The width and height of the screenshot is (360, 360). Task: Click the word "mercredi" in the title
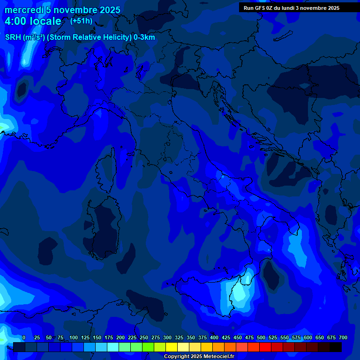[x=24, y=10]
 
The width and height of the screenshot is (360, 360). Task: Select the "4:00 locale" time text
[x=33, y=21]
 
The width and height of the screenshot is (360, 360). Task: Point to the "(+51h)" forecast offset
[x=81, y=21]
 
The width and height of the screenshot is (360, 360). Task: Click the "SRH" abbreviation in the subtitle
[x=13, y=37]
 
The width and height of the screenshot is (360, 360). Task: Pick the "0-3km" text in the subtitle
[x=144, y=37]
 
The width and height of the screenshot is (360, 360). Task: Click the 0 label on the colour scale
[x=24, y=338]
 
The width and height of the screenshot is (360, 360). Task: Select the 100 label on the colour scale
[x=74, y=338]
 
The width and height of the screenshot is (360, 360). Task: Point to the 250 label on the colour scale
[x=144, y=338]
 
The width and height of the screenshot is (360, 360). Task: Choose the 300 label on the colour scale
[x=167, y=338]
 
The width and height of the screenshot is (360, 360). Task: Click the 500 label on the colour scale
[x=261, y=338]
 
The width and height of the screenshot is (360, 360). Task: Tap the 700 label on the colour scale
[x=343, y=338]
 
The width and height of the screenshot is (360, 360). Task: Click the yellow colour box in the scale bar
[x=172, y=347]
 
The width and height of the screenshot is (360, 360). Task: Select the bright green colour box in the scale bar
[x=148, y=347]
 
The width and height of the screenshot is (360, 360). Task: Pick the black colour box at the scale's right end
[x=336, y=347]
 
